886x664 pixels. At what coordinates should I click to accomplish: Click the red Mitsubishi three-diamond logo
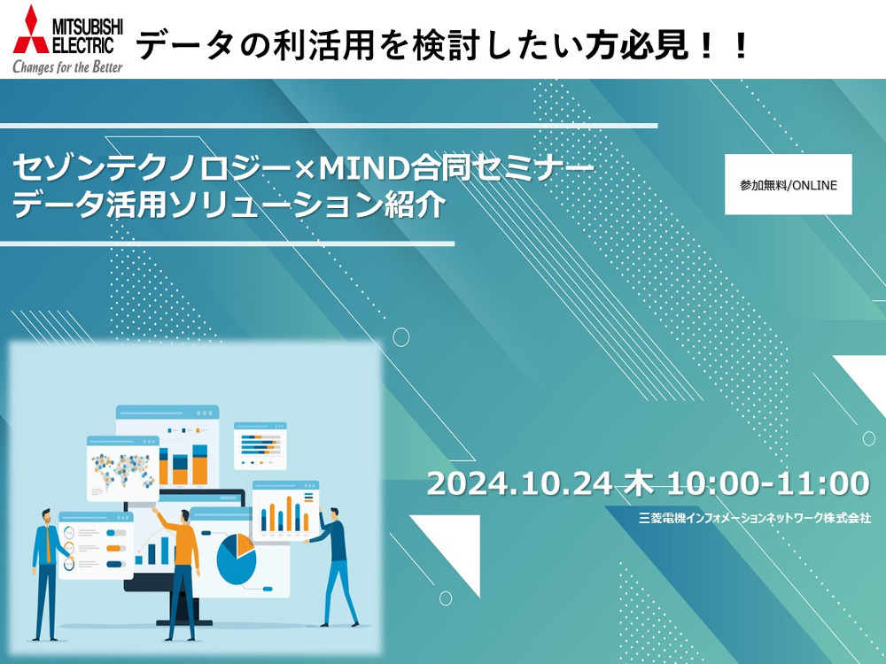[x=32, y=30]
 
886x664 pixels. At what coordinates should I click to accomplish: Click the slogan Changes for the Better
[x=68, y=66]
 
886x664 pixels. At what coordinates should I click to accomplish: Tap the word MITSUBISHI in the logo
[x=88, y=26]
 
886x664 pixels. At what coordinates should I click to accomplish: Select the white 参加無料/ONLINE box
[x=789, y=184]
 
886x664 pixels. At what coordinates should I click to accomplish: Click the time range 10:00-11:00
[x=768, y=484]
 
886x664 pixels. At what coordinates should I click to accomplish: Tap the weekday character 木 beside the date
[x=640, y=484]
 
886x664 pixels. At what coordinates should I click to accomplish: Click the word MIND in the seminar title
[x=362, y=167]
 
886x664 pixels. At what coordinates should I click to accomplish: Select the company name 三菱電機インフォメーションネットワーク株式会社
[x=755, y=518]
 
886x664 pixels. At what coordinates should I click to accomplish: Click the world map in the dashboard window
[x=122, y=471]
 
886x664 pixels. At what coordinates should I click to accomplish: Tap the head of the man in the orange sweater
[x=184, y=517]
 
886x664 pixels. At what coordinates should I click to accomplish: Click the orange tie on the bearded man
[x=48, y=544]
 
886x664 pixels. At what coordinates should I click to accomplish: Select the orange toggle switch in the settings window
[x=116, y=548]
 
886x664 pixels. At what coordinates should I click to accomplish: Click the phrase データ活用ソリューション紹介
[x=229, y=205]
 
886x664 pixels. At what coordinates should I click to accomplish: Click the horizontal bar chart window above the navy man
[x=260, y=446]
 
